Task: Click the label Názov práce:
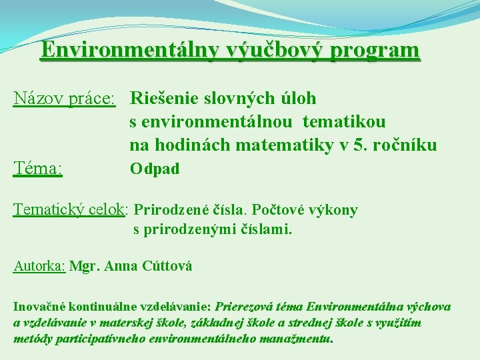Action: pyautogui.click(x=65, y=99)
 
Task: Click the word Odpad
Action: pyautogui.click(x=155, y=169)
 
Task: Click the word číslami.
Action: pyautogui.click(x=269, y=230)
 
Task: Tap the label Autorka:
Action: pyautogui.click(x=39, y=267)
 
